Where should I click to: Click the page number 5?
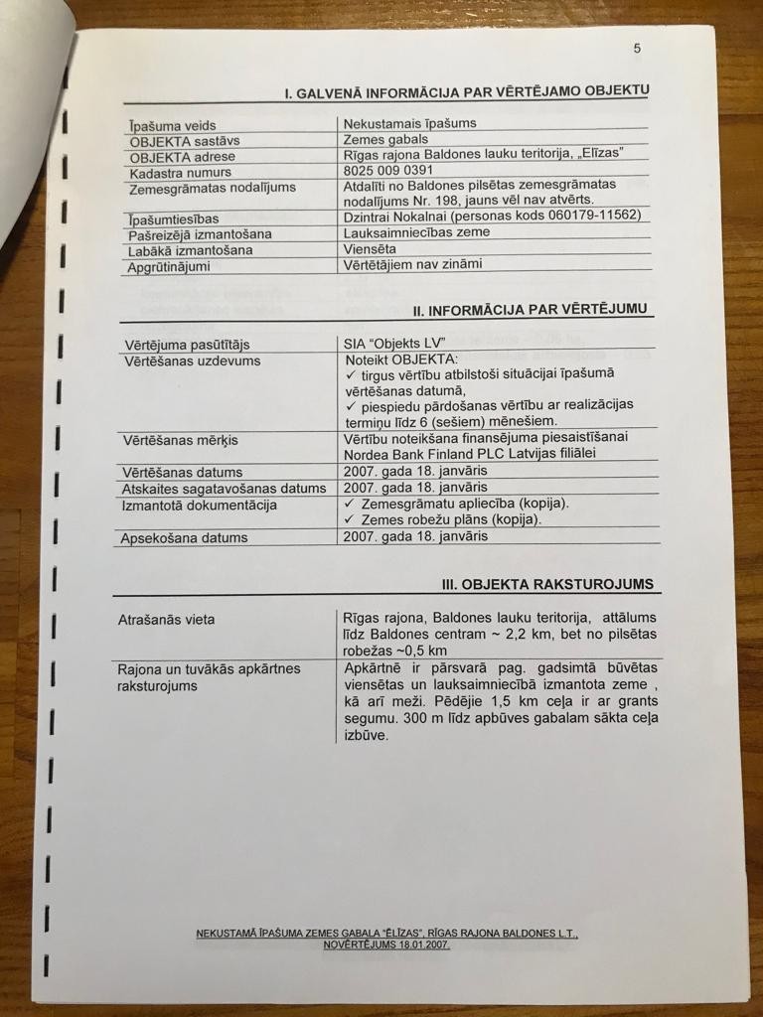point(637,49)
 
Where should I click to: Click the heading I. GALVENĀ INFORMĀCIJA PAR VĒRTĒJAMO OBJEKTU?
point(466,92)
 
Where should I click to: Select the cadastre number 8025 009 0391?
point(387,170)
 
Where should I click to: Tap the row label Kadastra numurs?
point(180,173)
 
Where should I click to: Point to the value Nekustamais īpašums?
point(409,123)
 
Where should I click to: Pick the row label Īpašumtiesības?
point(174,218)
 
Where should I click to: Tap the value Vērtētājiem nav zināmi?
point(412,264)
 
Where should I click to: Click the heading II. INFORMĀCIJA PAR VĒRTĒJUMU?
point(533,310)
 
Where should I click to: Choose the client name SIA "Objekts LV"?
point(392,343)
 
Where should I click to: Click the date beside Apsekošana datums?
point(415,536)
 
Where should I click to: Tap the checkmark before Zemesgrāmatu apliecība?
point(349,504)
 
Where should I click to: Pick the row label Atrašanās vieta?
point(166,620)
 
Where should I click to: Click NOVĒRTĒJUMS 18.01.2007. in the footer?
point(386,944)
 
